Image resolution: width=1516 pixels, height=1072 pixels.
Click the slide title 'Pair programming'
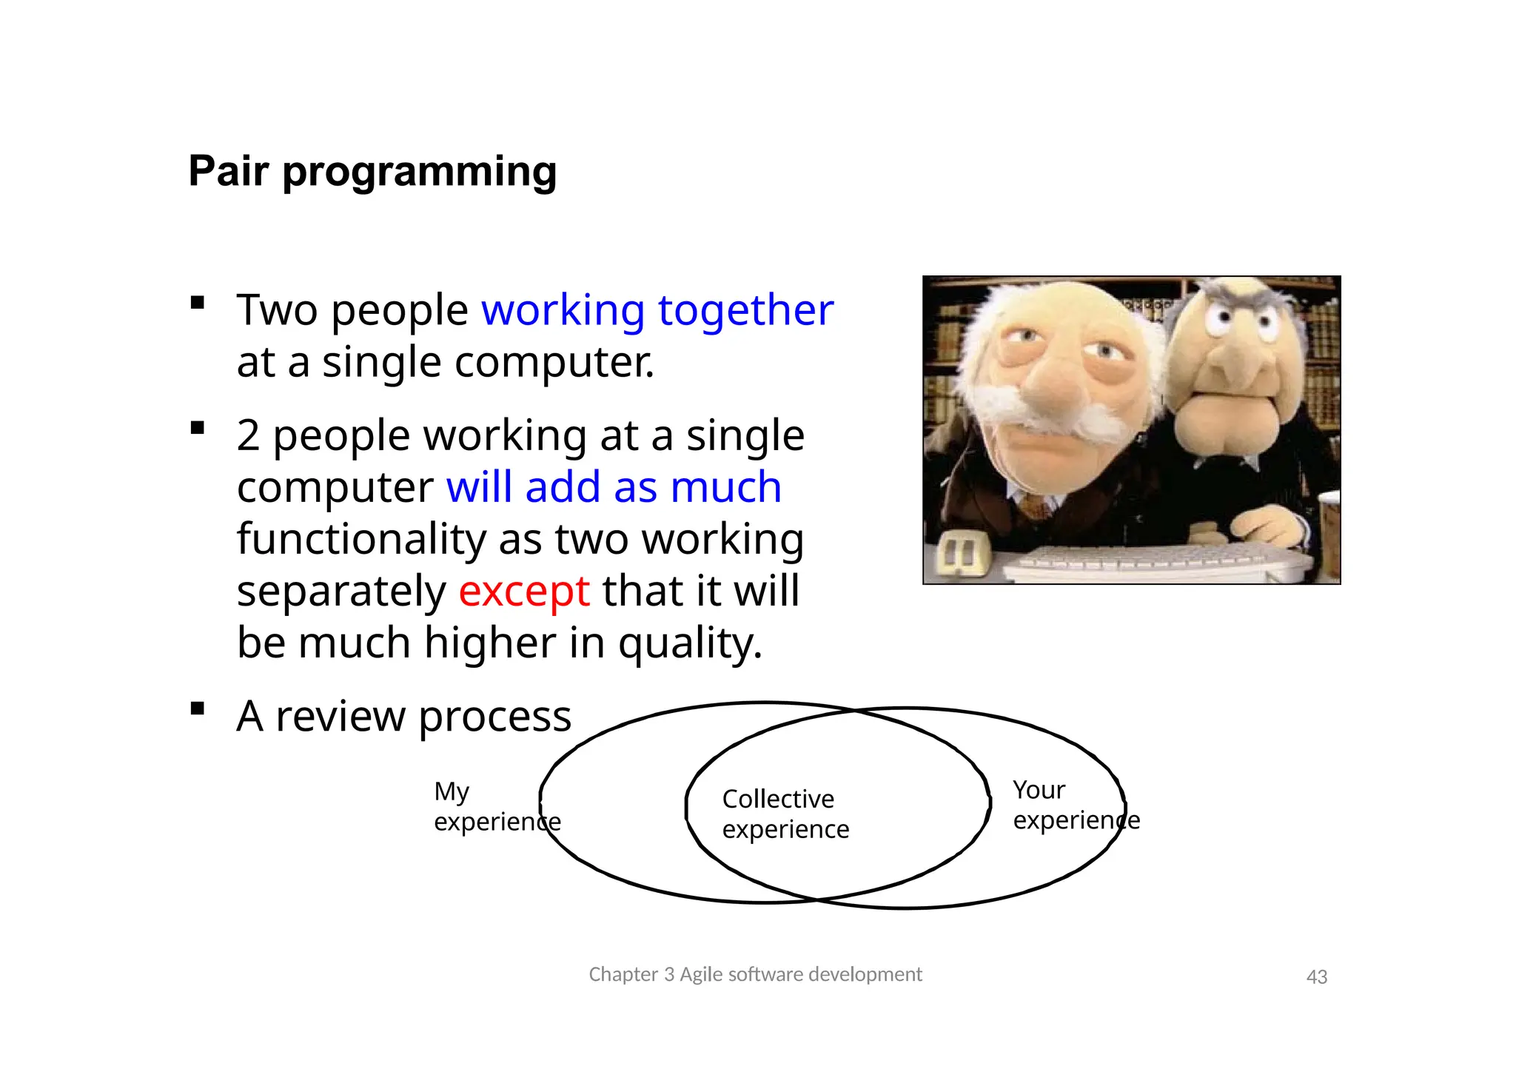point(372,172)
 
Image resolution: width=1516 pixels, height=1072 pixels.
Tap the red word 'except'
point(523,591)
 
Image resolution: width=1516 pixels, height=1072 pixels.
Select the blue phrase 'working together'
point(657,309)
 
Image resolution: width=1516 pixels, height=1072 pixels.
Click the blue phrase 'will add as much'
point(614,487)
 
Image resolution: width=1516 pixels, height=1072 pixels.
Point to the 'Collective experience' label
point(785,814)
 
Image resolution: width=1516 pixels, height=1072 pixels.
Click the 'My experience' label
point(496,806)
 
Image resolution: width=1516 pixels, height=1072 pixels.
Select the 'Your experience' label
point(1075,805)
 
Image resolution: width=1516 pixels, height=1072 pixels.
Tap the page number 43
point(1316,976)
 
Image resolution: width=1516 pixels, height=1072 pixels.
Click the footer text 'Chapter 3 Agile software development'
point(755,974)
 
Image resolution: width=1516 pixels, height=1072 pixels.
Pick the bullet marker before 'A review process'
point(197,709)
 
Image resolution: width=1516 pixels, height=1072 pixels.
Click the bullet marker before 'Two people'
point(197,302)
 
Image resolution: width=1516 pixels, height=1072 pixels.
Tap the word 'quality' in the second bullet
point(688,643)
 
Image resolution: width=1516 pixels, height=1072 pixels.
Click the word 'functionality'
point(361,539)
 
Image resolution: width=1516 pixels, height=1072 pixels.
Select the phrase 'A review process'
point(403,716)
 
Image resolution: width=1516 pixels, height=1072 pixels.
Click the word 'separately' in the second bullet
point(341,591)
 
